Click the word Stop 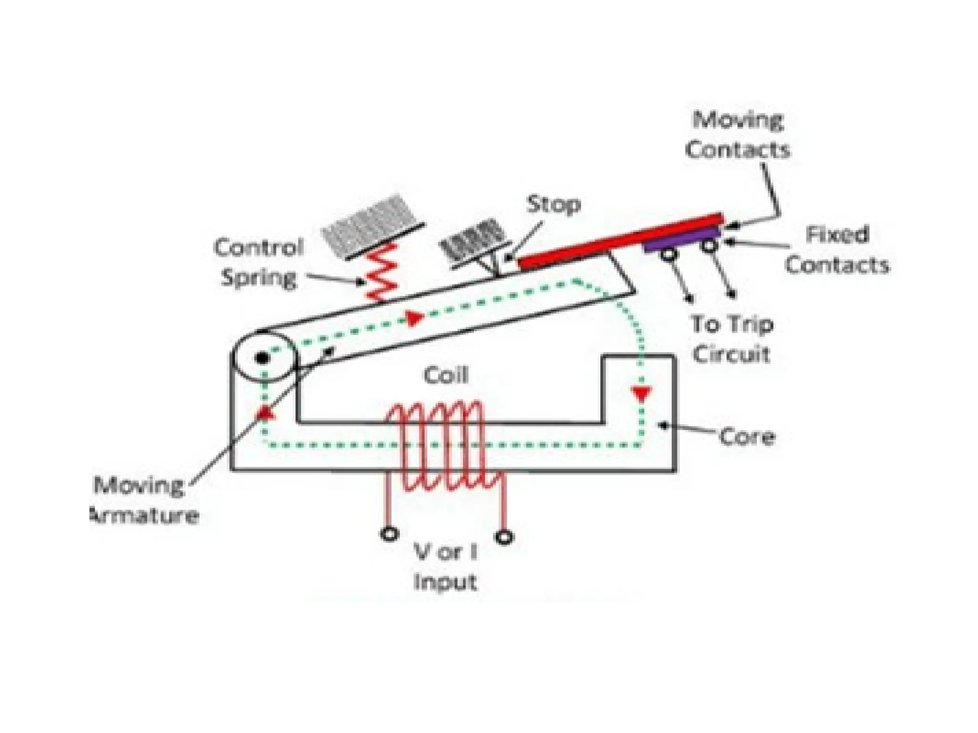[x=553, y=205]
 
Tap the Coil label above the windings [x=446, y=375]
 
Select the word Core [x=747, y=437]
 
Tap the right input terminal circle [x=504, y=537]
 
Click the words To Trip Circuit [x=732, y=339]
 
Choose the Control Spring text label [x=259, y=262]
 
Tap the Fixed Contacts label [x=837, y=250]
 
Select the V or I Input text [x=446, y=567]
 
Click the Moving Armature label [x=143, y=501]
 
